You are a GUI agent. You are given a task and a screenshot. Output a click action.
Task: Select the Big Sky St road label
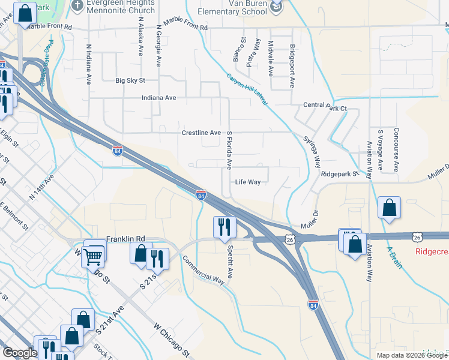[x=130, y=80]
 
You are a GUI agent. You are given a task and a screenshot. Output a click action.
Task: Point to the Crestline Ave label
[x=201, y=133]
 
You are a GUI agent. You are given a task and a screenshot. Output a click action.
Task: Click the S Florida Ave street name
[x=229, y=150]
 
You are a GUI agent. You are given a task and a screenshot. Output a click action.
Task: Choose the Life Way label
[x=247, y=182]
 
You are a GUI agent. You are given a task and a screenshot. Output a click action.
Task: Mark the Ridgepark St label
[x=339, y=174]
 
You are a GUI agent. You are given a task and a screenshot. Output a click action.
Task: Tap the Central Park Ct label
[x=325, y=105]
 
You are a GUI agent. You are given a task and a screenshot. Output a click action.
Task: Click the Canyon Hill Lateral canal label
[x=247, y=90]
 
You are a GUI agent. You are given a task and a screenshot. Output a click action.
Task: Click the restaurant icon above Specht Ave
[x=225, y=227]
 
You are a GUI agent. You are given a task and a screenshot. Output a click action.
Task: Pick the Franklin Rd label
[x=126, y=239]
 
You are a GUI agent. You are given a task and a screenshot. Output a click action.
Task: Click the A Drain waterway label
[x=394, y=257]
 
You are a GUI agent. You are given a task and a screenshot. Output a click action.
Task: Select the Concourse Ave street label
[x=397, y=149]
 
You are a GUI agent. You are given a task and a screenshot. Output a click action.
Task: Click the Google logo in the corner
[x=19, y=353]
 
